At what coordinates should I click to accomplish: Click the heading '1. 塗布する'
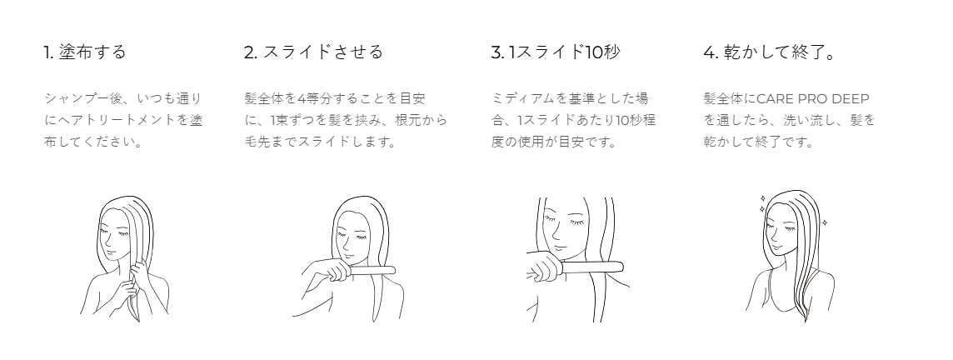pyautogui.click(x=84, y=52)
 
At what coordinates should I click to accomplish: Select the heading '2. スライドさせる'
pyautogui.click(x=313, y=52)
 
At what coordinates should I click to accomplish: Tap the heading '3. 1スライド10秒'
pyautogui.click(x=556, y=52)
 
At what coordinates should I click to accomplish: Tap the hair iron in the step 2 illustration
pyautogui.click(x=362, y=271)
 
